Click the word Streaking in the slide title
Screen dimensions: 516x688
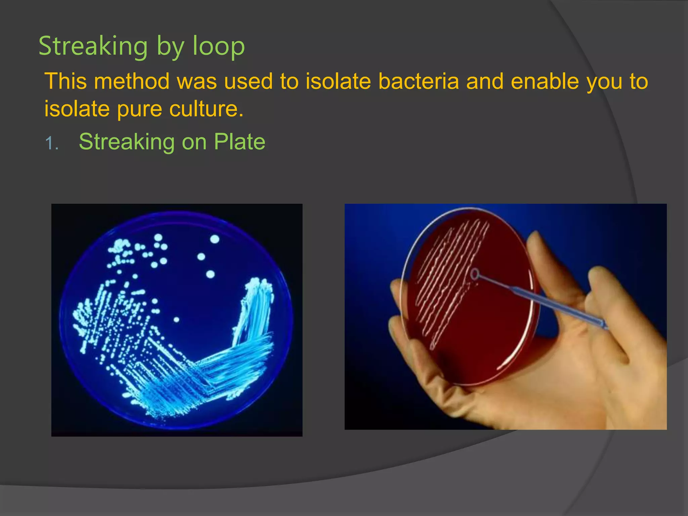coord(93,46)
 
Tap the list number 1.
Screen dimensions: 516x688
coord(51,143)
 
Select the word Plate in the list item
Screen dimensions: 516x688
coord(240,142)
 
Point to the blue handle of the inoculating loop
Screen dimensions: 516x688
coord(554,306)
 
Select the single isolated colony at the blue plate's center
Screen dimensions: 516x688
coord(176,320)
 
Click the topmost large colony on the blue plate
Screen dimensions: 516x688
coord(215,239)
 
